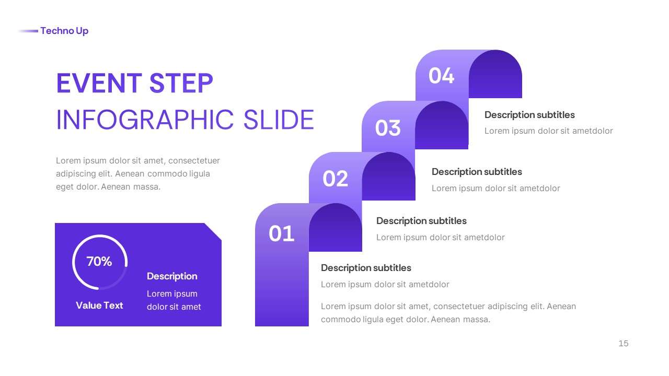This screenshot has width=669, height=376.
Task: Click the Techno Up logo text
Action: point(64,31)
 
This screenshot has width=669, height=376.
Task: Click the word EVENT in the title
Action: point(99,84)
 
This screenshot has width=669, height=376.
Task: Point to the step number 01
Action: point(282,233)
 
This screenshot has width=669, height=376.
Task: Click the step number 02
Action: point(335,179)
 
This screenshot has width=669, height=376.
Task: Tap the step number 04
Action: point(442,76)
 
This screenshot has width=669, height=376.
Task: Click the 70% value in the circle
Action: point(99,262)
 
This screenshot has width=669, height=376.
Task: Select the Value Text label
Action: point(99,305)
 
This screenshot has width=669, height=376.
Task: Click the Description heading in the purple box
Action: point(172,276)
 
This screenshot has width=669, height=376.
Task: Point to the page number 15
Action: point(623,344)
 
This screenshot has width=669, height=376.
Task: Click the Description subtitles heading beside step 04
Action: point(529,115)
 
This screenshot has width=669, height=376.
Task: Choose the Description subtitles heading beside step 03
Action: point(477,172)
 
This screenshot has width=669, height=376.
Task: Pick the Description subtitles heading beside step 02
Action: point(421,221)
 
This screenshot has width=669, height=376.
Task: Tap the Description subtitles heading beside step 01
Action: point(366,268)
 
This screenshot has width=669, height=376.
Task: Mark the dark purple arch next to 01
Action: point(336,228)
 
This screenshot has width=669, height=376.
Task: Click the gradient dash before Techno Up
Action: point(28,31)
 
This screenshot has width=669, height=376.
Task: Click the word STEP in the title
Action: point(181,84)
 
